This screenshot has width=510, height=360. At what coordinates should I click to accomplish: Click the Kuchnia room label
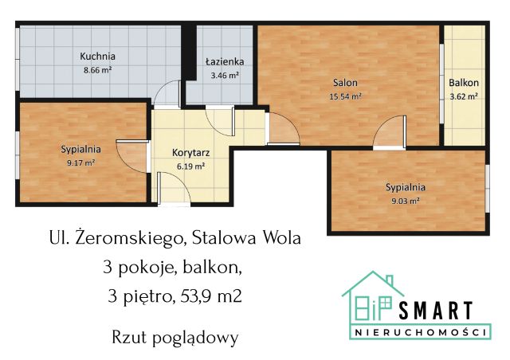(98, 57)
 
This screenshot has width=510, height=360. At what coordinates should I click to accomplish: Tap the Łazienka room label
(225, 61)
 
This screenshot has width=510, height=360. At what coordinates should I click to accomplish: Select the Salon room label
(345, 82)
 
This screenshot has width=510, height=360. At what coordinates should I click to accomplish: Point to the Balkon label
(463, 83)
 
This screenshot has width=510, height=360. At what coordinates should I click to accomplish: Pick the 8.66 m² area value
(98, 70)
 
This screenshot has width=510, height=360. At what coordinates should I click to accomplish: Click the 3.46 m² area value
(225, 76)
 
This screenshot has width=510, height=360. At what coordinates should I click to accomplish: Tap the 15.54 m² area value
(345, 96)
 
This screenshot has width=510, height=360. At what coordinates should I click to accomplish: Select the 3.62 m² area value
(463, 96)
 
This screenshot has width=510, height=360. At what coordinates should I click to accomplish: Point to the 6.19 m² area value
(191, 166)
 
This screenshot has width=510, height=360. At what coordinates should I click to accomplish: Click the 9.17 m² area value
(81, 162)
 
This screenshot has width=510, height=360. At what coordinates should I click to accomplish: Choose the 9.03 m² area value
(406, 202)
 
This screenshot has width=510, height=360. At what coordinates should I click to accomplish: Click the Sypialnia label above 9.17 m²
(81, 149)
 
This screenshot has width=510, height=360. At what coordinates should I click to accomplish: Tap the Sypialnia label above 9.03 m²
(406, 187)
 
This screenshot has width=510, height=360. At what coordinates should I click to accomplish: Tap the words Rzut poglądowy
(175, 337)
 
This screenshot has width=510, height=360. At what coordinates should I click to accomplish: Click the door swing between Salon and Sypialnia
(388, 134)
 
